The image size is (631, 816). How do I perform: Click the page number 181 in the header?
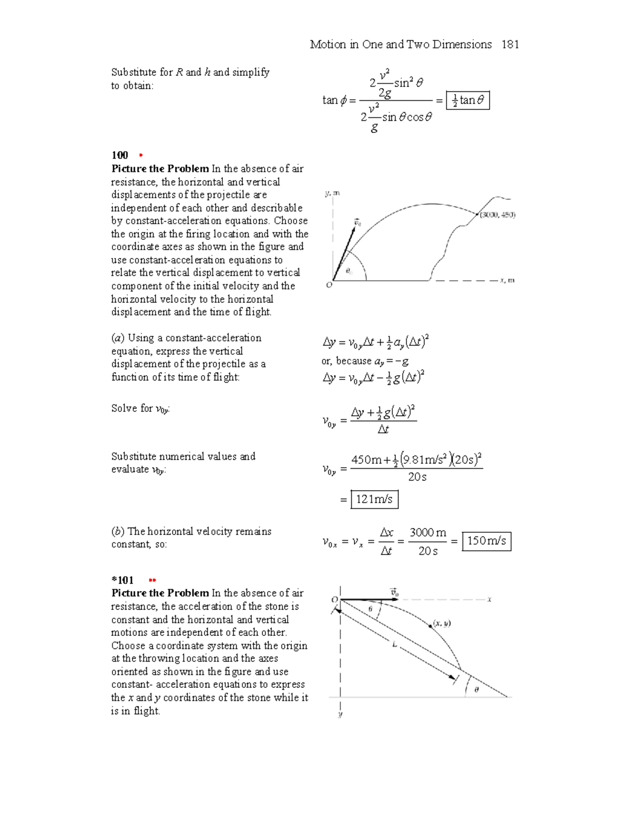click(x=510, y=45)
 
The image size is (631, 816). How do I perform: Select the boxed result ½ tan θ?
click(x=467, y=100)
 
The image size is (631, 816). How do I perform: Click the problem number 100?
click(x=120, y=155)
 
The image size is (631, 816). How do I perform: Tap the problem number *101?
click(x=122, y=580)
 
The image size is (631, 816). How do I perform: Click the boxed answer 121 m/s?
click(x=374, y=499)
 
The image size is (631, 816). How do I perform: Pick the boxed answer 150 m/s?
click(x=486, y=541)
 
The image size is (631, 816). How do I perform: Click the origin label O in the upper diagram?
click(x=329, y=285)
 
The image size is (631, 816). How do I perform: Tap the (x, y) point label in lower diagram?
click(x=442, y=624)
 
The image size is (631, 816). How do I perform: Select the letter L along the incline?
click(x=394, y=644)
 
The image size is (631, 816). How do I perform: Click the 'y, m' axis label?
click(x=332, y=193)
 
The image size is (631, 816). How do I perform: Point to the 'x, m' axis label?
click(x=507, y=281)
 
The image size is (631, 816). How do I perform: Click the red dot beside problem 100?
click(x=140, y=156)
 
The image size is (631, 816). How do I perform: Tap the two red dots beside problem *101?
click(x=152, y=581)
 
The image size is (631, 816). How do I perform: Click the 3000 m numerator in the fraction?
click(x=428, y=533)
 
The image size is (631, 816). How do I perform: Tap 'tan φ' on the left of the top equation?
click(x=334, y=100)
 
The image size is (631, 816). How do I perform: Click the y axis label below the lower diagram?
click(x=340, y=715)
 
